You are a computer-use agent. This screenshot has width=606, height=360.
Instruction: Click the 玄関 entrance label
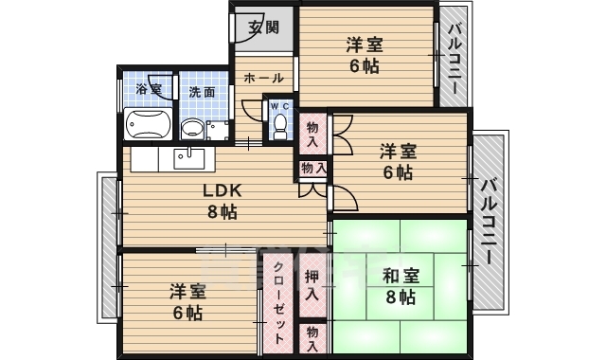click(x=264, y=27)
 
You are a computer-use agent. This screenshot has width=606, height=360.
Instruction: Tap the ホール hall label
click(x=263, y=79)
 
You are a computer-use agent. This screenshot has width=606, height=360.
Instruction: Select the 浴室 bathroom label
click(x=149, y=91)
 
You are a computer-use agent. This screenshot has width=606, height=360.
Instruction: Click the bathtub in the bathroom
click(x=148, y=124)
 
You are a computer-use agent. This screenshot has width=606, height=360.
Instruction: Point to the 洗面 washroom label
click(x=201, y=92)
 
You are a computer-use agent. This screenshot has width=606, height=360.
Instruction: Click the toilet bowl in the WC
click(x=281, y=129)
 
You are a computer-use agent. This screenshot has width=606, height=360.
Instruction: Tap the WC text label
click(x=281, y=106)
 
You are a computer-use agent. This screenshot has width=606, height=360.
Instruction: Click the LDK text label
click(x=223, y=189)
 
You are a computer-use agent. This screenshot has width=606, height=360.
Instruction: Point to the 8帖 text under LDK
click(x=223, y=211)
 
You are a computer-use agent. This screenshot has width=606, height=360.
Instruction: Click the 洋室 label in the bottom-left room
click(x=187, y=291)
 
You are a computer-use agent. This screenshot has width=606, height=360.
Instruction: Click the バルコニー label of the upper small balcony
click(x=455, y=58)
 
